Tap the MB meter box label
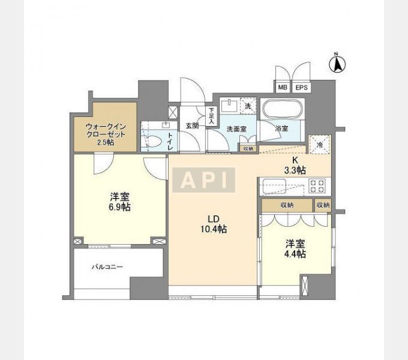[283, 88]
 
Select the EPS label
[301, 88]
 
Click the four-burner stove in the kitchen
[317, 186]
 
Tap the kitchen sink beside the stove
[274, 187]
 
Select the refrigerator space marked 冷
[320, 145]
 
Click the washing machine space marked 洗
[248, 106]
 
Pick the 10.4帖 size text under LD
[214, 229]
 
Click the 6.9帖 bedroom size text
[119, 208]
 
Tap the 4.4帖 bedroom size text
[295, 254]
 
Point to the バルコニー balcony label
[107, 267]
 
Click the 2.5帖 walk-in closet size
[106, 142]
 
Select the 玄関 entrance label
[192, 125]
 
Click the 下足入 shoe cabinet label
[211, 116]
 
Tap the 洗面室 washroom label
[236, 128]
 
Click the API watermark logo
[204, 180]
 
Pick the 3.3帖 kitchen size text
[295, 170]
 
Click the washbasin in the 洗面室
[229, 106]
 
